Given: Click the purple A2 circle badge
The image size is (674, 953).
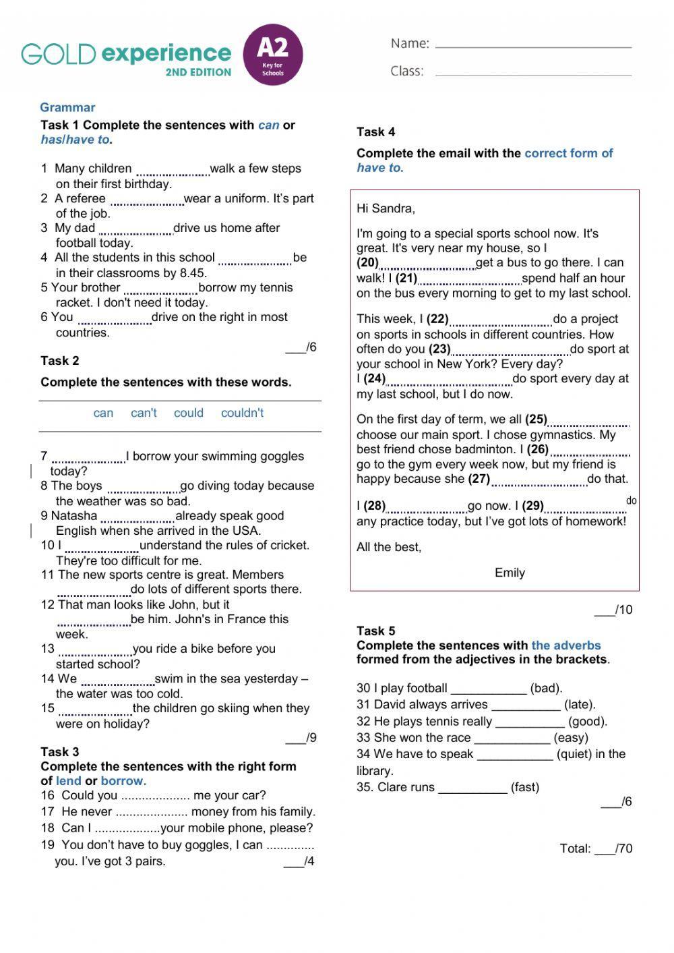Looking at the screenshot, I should click(x=272, y=55).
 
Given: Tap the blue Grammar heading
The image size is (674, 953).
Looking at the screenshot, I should click(x=67, y=107).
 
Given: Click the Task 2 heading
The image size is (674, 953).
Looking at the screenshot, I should click(x=59, y=360).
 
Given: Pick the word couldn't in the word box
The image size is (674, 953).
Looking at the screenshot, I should click(x=242, y=413).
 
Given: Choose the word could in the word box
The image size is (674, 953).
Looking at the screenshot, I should click(x=188, y=413).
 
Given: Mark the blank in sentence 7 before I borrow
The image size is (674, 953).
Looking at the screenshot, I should click(x=88, y=459).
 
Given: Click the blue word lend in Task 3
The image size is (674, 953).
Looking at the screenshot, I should click(x=68, y=781).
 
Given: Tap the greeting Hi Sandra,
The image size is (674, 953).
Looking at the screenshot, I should click(x=386, y=208).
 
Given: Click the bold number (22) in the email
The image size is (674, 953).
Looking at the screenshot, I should click(x=437, y=319).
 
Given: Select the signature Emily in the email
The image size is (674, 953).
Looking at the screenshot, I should click(x=510, y=573).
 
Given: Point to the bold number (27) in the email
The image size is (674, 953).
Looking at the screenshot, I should click(x=479, y=479).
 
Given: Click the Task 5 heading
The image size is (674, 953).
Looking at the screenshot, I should click(x=375, y=631).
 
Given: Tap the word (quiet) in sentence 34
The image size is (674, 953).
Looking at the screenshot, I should click(x=574, y=754).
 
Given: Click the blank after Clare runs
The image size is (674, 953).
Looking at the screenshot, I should click(x=472, y=789).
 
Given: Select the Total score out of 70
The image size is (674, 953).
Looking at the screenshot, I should click(x=596, y=848).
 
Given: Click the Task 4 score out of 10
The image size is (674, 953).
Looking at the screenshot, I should click(x=613, y=610).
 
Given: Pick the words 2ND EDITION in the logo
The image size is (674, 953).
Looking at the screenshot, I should click(x=198, y=72).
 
